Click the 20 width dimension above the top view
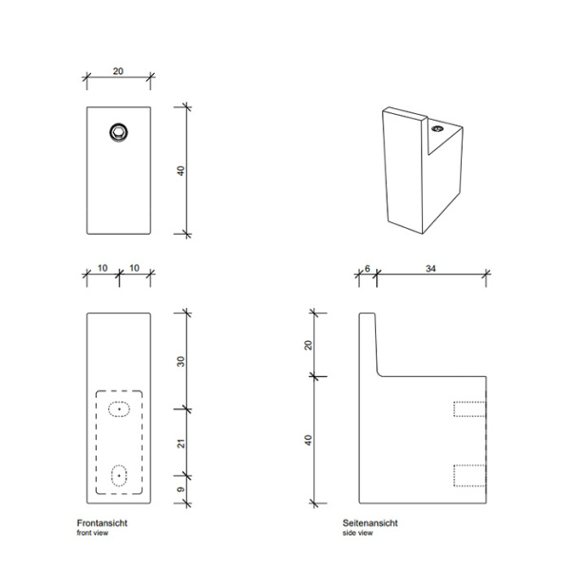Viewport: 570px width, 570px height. click(x=119, y=70)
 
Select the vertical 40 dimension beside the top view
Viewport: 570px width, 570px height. click(x=179, y=170)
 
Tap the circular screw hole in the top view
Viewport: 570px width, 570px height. click(x=119, y=132)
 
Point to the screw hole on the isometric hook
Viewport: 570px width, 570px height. click(x=438, y=127)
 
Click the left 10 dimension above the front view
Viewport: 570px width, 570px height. click(x=103, y=269)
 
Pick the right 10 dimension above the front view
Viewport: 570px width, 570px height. click(x=135, y=269)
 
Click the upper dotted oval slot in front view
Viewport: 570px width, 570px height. click(x=119, y=409)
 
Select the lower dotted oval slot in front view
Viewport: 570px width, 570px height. click(x=119, y=474)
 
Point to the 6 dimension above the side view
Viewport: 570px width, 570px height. click(x=368, y=269)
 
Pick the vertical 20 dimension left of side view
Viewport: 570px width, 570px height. click(x=309, y=344)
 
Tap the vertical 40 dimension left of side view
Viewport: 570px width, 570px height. click(x=309, y=440)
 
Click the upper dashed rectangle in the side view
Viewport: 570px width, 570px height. click(x=470, y=409)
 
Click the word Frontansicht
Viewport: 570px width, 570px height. click(x=102, y=523)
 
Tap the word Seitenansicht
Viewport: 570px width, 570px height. click(x=370, y=523)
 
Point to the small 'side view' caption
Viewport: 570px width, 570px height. click(x=358, y=534)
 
